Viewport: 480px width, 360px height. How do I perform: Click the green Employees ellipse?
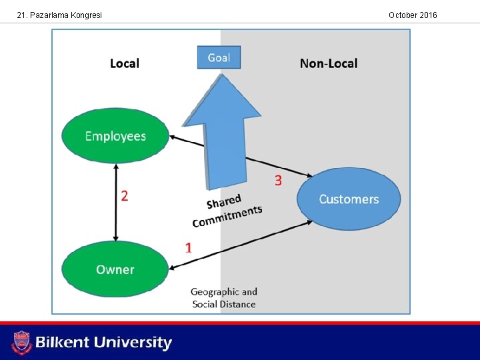click(115, 136)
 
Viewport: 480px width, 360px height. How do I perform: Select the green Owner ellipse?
click(115, 269)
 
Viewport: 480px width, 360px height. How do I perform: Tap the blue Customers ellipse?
click(349, 199)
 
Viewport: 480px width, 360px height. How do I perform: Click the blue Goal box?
click(219, 57)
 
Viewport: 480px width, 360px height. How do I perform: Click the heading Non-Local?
click(329, 63)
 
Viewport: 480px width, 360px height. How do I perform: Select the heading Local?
click(125, 63)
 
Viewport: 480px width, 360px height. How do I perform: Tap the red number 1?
click(189, 247)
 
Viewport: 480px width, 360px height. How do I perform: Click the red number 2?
click(125, 195)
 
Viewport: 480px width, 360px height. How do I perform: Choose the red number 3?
click(278, 180)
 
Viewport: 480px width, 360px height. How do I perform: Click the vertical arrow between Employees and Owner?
click(117, 203)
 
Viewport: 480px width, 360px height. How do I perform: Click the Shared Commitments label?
click(227, 210)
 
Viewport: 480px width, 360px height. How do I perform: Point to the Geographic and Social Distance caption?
click(224, 298)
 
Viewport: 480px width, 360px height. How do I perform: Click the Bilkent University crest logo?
click(21, 343)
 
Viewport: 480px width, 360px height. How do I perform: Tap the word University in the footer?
click(133, 343)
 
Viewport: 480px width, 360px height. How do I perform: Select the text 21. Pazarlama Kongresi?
click(59, 15)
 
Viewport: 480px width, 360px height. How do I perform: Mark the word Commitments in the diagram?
click(228, 216)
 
